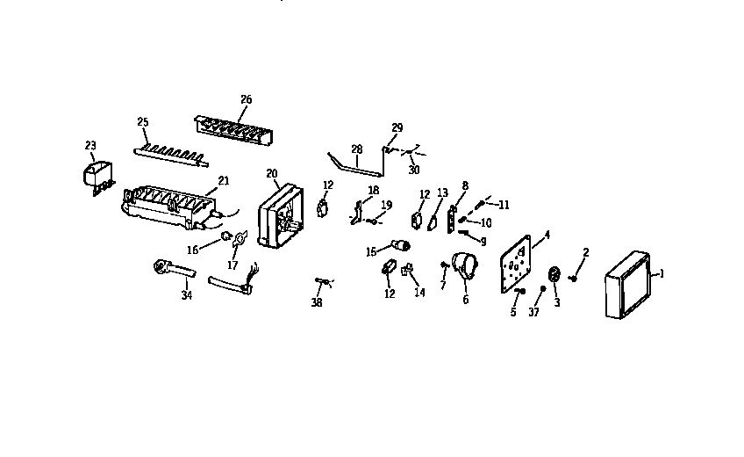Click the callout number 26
246,99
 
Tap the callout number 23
89,146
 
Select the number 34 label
186,296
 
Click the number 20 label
271,172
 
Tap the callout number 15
371,251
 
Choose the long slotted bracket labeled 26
230,131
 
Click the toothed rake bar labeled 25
172,156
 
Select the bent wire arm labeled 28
355,163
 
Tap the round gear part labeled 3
554,273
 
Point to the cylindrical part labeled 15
401,246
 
